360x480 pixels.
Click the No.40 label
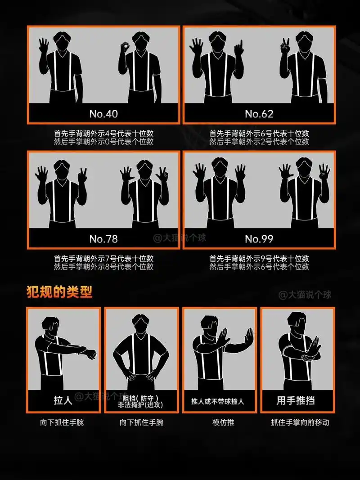coord(103,113)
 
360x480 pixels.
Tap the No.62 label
coord(259,113)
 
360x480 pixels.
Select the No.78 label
coord(103,238)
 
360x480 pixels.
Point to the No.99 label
coord(259,238)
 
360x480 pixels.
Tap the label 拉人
coord(63,400)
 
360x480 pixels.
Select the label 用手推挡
coord(297,400)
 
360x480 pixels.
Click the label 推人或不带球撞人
coord(218,401)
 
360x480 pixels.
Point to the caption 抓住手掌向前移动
coord(300,422)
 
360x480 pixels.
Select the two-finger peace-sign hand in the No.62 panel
coord(285,46)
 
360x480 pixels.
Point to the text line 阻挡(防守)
coord(140,398)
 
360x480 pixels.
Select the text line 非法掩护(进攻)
coord(140,405)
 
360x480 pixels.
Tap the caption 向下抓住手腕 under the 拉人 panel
coord(63,422)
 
